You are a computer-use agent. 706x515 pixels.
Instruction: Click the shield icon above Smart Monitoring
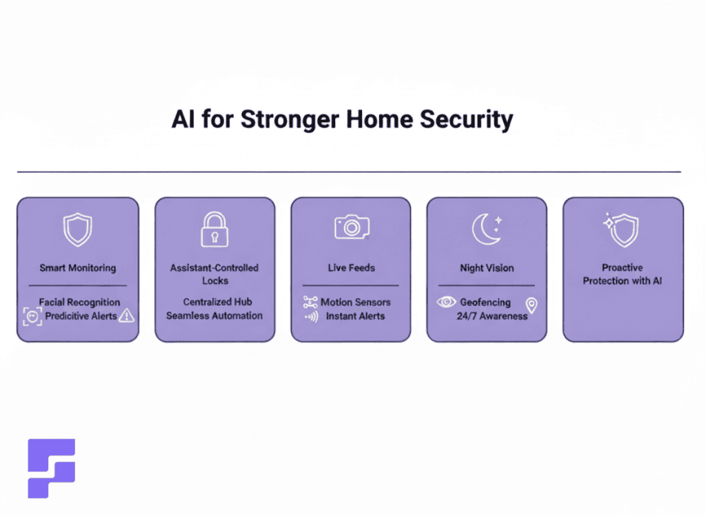[x=77, y=230]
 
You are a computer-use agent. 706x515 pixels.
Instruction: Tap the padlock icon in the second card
[x=214, y=229]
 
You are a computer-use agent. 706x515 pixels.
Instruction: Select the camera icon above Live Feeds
[x=352, y=227]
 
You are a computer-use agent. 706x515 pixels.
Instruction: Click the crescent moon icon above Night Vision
[x=487, y=229]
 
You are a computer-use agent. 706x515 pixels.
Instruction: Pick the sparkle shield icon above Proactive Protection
[x=622, y=230]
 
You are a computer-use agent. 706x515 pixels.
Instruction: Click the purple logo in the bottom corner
[x=51, y=468]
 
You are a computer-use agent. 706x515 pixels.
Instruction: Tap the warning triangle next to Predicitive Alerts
[x=126, y=316]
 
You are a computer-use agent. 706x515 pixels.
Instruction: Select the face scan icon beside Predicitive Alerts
[x=32, y=316]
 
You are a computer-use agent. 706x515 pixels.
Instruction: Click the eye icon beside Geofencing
[x=446, y=302]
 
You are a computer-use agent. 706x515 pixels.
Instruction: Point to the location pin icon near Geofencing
[x=531, y=305]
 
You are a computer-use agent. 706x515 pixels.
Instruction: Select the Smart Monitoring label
[x=77, y=267]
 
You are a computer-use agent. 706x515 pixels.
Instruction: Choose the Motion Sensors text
[x=356, y=302]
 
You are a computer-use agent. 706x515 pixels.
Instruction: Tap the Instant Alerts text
[x=355, y=316]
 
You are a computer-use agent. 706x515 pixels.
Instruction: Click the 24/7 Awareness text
[x=492, y=316]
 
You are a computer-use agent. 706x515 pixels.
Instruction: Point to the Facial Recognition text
[x=79, y=302]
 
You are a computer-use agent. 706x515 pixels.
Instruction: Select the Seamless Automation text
[x=214, y=316]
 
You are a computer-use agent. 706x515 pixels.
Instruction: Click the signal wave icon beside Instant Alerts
[x=310, y=316]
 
